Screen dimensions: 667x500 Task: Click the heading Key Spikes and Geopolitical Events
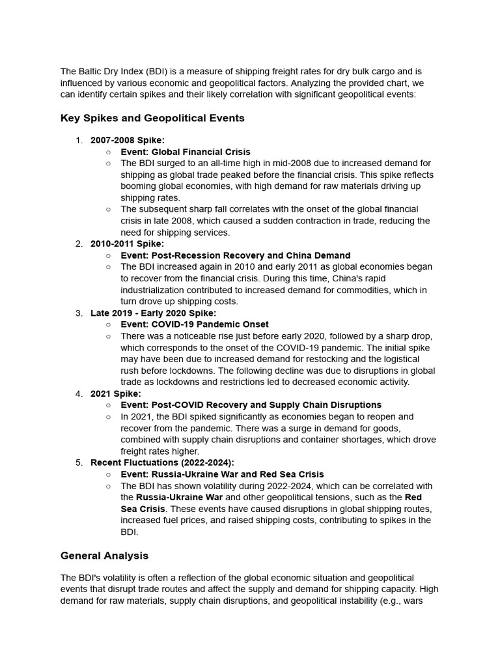pyautogui.click(x=152, y=118)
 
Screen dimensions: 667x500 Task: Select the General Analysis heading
pyautogui.click(x=104, y=556)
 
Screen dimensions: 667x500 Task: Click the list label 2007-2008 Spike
pyautogui.click(x=128, y=140)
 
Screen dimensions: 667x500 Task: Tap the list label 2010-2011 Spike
pyautogui.click(x=128, y=244)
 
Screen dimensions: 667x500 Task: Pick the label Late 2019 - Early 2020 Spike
pyautogui.click(x=154, y=313)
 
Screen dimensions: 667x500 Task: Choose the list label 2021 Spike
pyautogui.click(x=116, y=393)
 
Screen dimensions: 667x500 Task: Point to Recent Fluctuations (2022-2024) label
pyautogui.click(x=162, y=462)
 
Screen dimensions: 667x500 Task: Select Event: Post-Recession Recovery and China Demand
pyautogui.click(x=236, y=255)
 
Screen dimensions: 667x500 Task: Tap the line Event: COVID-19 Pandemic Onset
pyautogui.click(x=195, y=324)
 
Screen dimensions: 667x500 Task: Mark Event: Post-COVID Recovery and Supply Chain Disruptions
pyautogui.click(x=251, y=405)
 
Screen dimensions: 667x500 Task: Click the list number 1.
pyautogui.click(x=79, y=140)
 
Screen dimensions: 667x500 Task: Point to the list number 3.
pyautogui.click(x=79, y=313)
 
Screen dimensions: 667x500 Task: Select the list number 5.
pyautogui.click(x=79, y=462)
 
